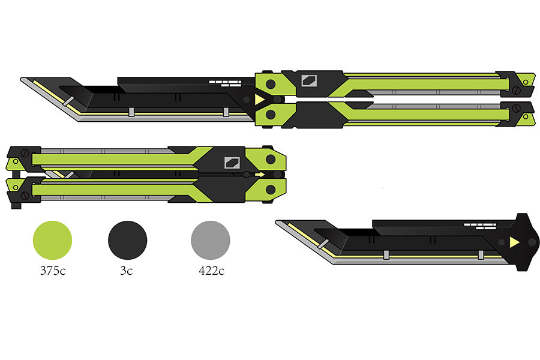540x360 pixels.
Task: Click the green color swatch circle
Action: [52, 240]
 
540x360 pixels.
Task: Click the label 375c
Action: [52, 271]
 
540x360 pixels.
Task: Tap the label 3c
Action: [127, 271]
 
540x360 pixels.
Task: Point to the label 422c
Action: [211, 271]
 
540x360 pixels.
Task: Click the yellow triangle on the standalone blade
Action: [514, 242]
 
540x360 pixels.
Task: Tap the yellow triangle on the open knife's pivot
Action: [259, 100]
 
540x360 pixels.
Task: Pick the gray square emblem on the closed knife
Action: [232, 161]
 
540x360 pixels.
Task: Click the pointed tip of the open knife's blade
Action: [22, 79]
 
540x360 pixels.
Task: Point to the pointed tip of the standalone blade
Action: [277, 222]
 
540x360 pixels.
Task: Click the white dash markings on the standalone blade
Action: [480, 226]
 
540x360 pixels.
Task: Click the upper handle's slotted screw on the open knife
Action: [515, 90]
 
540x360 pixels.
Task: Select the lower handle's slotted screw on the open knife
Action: [515, 109]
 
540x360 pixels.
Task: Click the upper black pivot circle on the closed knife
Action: [271, 159]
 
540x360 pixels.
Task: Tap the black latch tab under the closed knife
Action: [16, 206]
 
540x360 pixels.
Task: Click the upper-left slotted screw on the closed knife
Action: [25, 153]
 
